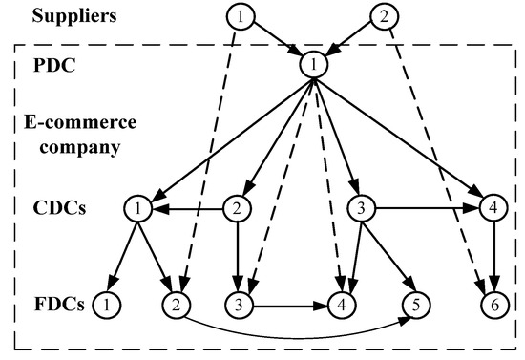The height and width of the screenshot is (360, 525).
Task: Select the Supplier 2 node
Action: tap(383, 16)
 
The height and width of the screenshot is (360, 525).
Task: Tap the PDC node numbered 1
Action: tap(312, 64)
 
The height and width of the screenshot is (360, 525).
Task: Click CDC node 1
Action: tap(138, 206)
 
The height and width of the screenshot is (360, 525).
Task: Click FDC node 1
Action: tap(106, 305)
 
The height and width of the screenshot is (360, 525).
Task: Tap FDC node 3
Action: tap(239, 305)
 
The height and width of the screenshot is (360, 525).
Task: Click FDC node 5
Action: tap(415, 305)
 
